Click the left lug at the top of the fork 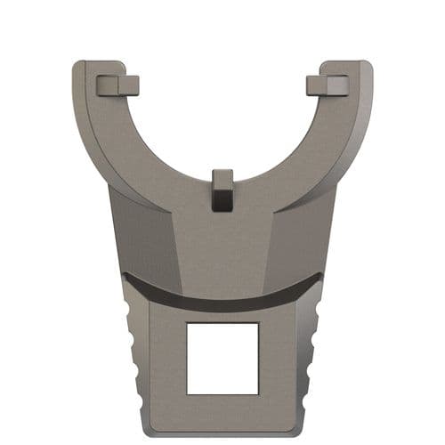tap(117, 85)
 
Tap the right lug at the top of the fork tap(327, 85)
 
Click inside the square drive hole tap(222, 358)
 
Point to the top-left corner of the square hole tap(187, 324)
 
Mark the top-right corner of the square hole tap(258, 324)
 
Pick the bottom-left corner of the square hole tap(187, 392)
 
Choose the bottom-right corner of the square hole tap(258, 392)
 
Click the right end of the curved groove tap(320, 278)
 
